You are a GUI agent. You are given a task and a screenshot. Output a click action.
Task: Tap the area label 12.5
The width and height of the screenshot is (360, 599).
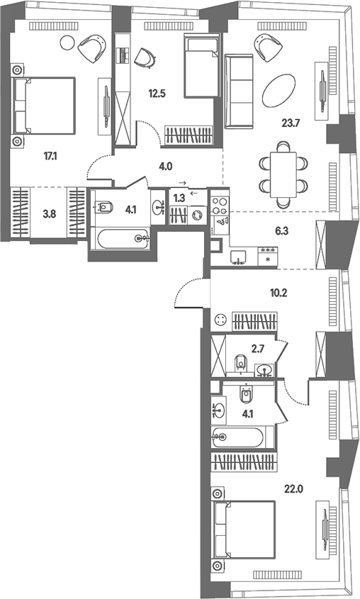(x=157, y=93)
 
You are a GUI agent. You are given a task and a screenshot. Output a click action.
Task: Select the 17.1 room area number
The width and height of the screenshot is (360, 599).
(x=50, y=156)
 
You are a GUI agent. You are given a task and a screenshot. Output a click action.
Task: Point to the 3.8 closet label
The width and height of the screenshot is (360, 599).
(x=49, y=214)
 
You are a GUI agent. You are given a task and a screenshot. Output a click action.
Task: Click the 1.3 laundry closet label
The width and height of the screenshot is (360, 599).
(x=179, y=198)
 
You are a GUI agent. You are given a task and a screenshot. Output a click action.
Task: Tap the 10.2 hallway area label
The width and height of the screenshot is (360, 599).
(x=279, y=293)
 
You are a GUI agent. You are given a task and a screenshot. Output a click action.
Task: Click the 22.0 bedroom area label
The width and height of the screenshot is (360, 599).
(x=293, y=488)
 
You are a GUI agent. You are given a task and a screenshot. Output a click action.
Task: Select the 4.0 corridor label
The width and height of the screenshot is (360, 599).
(x=166, y=166)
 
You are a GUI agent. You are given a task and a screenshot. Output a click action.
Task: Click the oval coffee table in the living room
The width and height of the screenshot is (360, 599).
(x=279, y=90)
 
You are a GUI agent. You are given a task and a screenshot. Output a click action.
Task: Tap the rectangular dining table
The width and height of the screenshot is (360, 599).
(x=283, y=174)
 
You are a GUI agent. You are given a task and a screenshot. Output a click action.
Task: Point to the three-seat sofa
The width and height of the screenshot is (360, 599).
(x=239, y=91)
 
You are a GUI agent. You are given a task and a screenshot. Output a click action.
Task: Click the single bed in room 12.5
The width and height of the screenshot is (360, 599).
(x=202, y=65)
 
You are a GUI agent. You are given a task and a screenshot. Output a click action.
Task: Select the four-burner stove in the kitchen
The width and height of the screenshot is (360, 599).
(x=220, y=205)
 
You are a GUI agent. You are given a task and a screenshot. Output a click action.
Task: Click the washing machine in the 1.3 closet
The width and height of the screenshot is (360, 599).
(x=198, y=215)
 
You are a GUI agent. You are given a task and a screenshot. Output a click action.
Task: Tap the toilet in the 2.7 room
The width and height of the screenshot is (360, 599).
(x=240, y=362)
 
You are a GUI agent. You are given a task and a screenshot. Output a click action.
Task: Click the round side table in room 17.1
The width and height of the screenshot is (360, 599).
(x=67, y=41)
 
